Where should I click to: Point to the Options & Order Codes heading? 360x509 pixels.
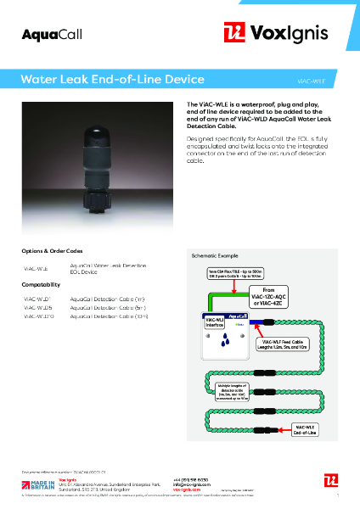coord(52,251)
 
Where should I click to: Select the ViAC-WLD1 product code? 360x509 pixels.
coord(37,299)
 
